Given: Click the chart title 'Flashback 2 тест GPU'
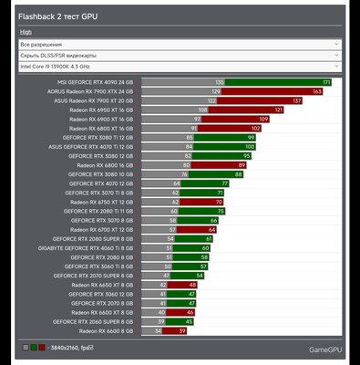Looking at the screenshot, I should pos(58,16).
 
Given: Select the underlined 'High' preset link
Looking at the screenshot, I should pos(26,31).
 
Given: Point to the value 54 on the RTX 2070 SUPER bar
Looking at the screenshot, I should pos(200,275).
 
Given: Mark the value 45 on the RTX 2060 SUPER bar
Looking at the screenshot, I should pos(189,321).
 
